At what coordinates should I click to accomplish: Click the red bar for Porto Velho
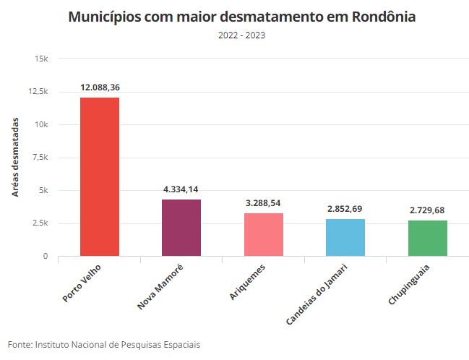pyautogui.click(x=100, y=176)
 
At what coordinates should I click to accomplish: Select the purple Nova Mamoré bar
pyautogui.click(x=181, y=228)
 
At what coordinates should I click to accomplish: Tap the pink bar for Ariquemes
pyautogui.click(x=264, y=234)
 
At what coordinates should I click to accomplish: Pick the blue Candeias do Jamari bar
pyautogui.click(x=345, y=237)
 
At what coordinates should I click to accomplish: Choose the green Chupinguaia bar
pyautogui.click(x=428, y=238)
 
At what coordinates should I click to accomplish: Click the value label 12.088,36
pyautogui.click(x=100, y=87)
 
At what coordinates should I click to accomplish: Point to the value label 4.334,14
pyautogui.click(x=181, y=189)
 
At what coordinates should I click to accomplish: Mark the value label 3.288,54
pyautogui.click(x=264, y=203)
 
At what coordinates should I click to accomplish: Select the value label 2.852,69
pyautogui.click(x=345, y=209)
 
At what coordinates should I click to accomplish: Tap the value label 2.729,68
pyautogui.click(x=428, y=210)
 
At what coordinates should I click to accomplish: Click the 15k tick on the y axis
pyautogui.click(x=42, y=59)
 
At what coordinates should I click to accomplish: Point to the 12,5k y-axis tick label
pyautogui.click(x=38, y=92)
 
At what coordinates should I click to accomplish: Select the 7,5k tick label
pyautogui.click(x=40, y=158)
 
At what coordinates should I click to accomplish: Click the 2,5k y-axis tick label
pyautogui.click(x=40, y=223)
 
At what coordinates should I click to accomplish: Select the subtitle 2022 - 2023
pyautogui.click(x=241, y=35)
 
